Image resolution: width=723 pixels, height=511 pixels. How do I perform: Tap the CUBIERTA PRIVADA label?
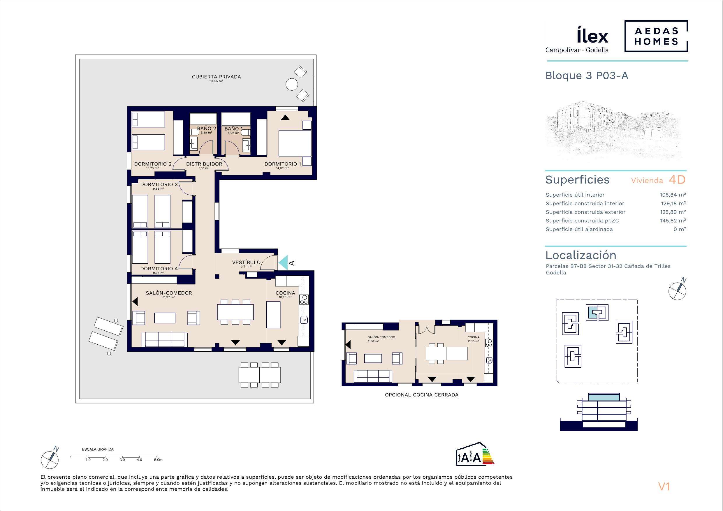pyautogui.click(x=216, y=77)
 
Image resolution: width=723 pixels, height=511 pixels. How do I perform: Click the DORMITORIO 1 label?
pyautogui.click(x=283, y=164)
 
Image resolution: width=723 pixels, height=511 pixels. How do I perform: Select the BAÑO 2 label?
pyautogui.click(x=207, y=128)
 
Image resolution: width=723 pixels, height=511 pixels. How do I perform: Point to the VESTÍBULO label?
pyautogui.click(x=246, y=262)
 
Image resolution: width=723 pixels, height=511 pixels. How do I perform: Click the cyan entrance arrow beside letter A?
pyautogui.click(x=284, y=262)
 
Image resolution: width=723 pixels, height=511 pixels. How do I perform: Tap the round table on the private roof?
pyautogui.click(x=292, y=84)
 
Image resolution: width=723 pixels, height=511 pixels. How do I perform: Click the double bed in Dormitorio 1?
pyautogui.click(x=295, y=144)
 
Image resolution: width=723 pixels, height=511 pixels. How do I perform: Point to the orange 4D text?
pyautogui.click(x=677, y=180)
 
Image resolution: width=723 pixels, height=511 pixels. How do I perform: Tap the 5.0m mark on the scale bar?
pyautogui.click(x=158, y=460)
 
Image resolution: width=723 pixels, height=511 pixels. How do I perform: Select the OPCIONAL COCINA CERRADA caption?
pyautogui.click(x=422, y=395)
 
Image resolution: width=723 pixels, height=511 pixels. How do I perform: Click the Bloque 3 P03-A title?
pyautogui.click(x=587, y=76)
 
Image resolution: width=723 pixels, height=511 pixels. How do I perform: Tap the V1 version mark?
pyautogui.click(x=664, y=487)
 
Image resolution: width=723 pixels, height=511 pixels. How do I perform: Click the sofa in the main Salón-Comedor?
pyautogui.click(x=165, y=339)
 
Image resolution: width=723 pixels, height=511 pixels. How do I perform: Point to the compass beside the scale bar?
pyautogui.click(x=50, y=460)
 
